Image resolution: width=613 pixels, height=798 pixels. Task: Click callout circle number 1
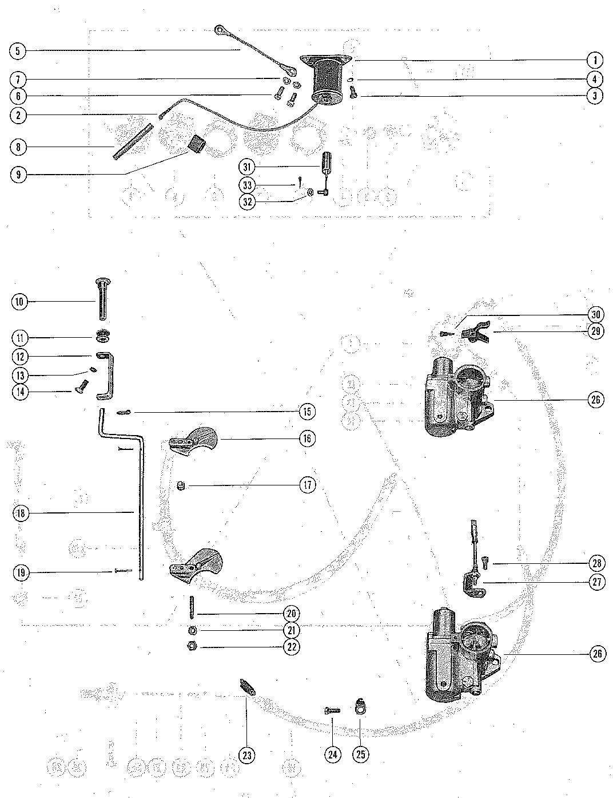(595, 60)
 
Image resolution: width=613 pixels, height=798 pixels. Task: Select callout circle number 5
(18, 51)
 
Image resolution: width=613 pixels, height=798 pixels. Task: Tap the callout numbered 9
(19, 175)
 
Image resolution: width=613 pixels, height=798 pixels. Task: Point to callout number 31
(247, 167)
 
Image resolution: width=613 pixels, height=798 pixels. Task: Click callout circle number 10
(20, 301)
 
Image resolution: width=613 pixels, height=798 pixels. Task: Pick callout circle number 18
(21, 513)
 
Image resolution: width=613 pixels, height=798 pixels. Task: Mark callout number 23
(247, 756)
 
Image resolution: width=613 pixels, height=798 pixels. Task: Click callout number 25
(360, 755)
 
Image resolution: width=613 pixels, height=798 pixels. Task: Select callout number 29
(596, 332)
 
